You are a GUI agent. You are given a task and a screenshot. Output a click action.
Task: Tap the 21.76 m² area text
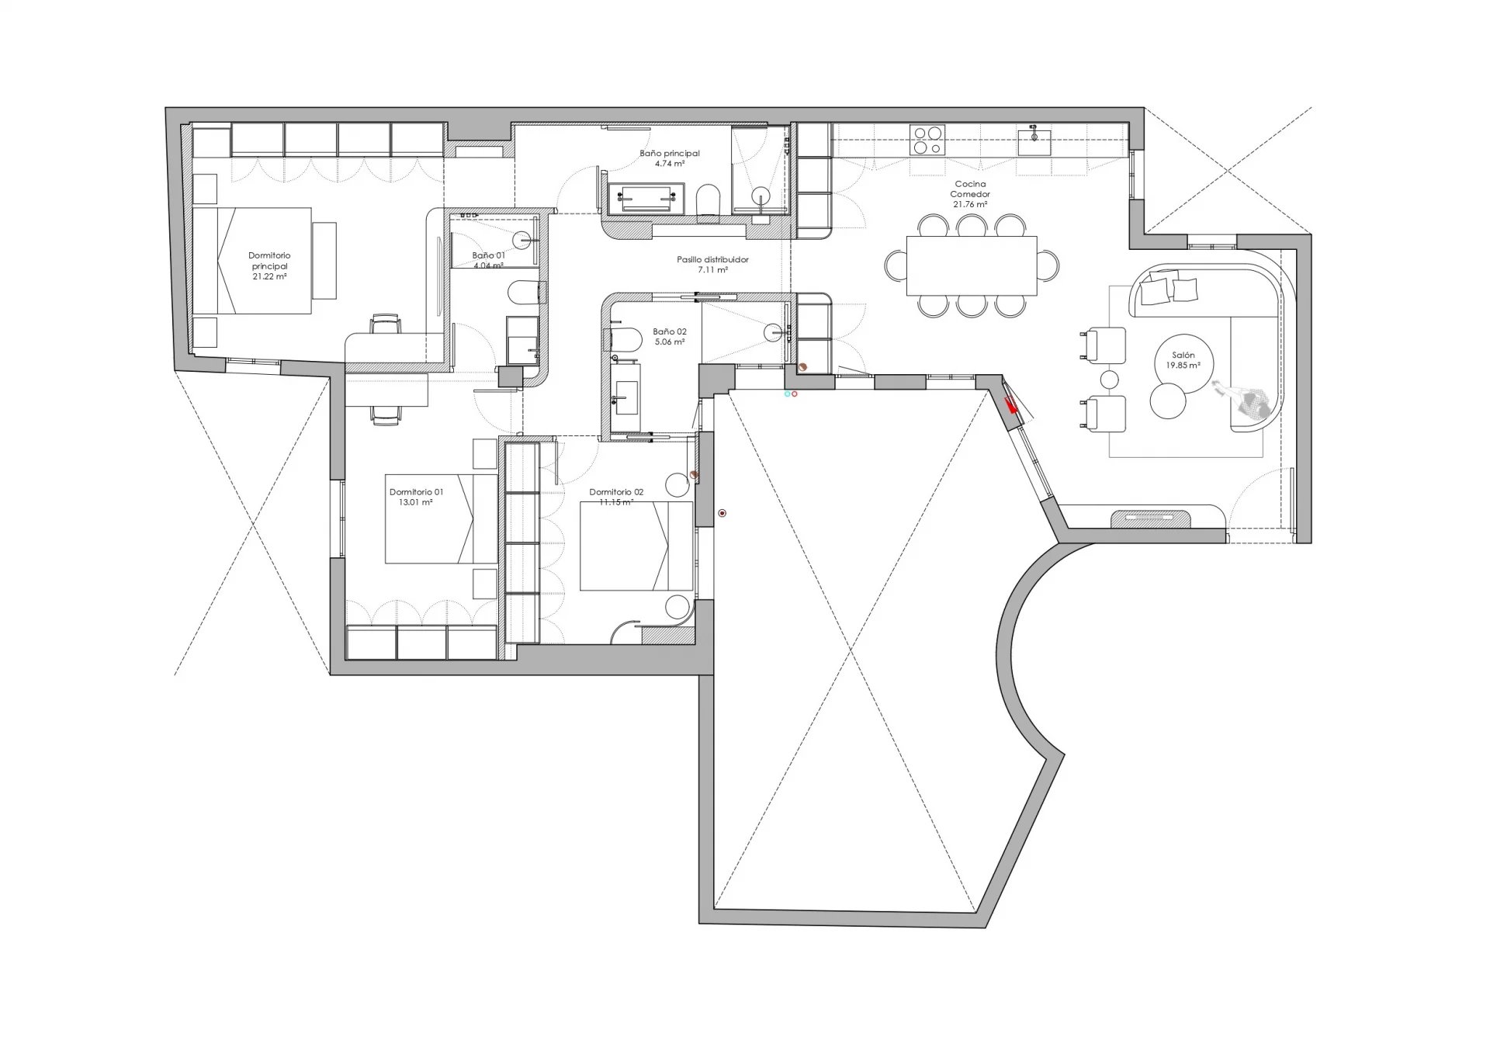point(970,204)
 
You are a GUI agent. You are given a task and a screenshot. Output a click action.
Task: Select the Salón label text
point(1183,355)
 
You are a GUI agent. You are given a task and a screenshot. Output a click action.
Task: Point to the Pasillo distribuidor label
point(712,260)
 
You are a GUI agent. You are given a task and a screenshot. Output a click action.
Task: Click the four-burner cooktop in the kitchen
point(927,140)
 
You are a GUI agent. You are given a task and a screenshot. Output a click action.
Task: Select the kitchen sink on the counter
point(1035,142)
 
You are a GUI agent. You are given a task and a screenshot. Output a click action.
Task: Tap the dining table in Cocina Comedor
point(972,265)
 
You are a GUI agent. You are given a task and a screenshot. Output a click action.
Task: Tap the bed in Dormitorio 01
point(441,518)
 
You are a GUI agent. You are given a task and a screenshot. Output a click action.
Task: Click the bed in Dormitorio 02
point(636,546)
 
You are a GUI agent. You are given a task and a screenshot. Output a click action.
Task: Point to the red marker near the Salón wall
point(1011,405)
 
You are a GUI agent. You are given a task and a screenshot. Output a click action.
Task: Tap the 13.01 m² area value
point(416,502)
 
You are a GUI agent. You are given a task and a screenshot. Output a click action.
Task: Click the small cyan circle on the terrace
point(788,394)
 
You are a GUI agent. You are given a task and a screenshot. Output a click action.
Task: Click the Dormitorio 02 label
point(616,492)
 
